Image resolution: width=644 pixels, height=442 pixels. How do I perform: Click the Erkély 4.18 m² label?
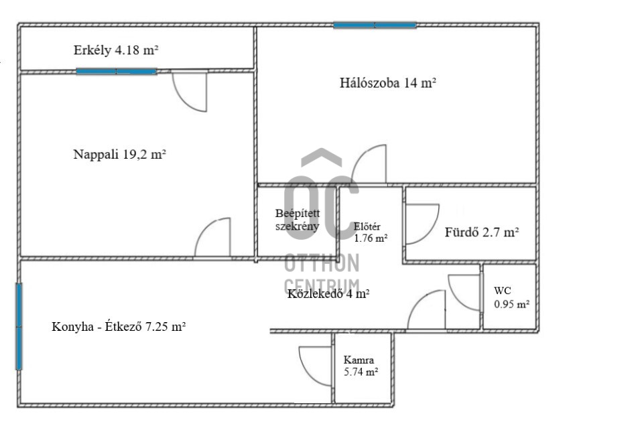click(116, 50)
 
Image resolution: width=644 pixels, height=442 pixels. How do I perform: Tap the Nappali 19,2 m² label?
click(119, 154)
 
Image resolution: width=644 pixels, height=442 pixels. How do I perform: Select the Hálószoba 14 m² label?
click(388, 83)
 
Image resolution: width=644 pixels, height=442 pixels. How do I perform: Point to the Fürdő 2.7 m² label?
click(482, 232)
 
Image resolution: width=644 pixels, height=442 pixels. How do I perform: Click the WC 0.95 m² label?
click(511, 297)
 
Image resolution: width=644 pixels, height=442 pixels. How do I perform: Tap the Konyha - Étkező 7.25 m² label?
click(119, 327)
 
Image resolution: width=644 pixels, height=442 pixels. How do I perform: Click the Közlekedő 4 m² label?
click(328, 294)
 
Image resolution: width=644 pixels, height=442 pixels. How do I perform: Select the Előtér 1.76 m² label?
click(371, 232)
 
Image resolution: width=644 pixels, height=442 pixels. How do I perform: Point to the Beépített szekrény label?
click(298, 220)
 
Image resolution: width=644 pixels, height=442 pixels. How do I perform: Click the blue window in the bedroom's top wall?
click(375, 25)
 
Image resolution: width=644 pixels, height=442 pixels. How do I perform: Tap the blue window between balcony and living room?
click(116, 72)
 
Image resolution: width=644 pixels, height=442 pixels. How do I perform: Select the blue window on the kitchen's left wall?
click(19, 326)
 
